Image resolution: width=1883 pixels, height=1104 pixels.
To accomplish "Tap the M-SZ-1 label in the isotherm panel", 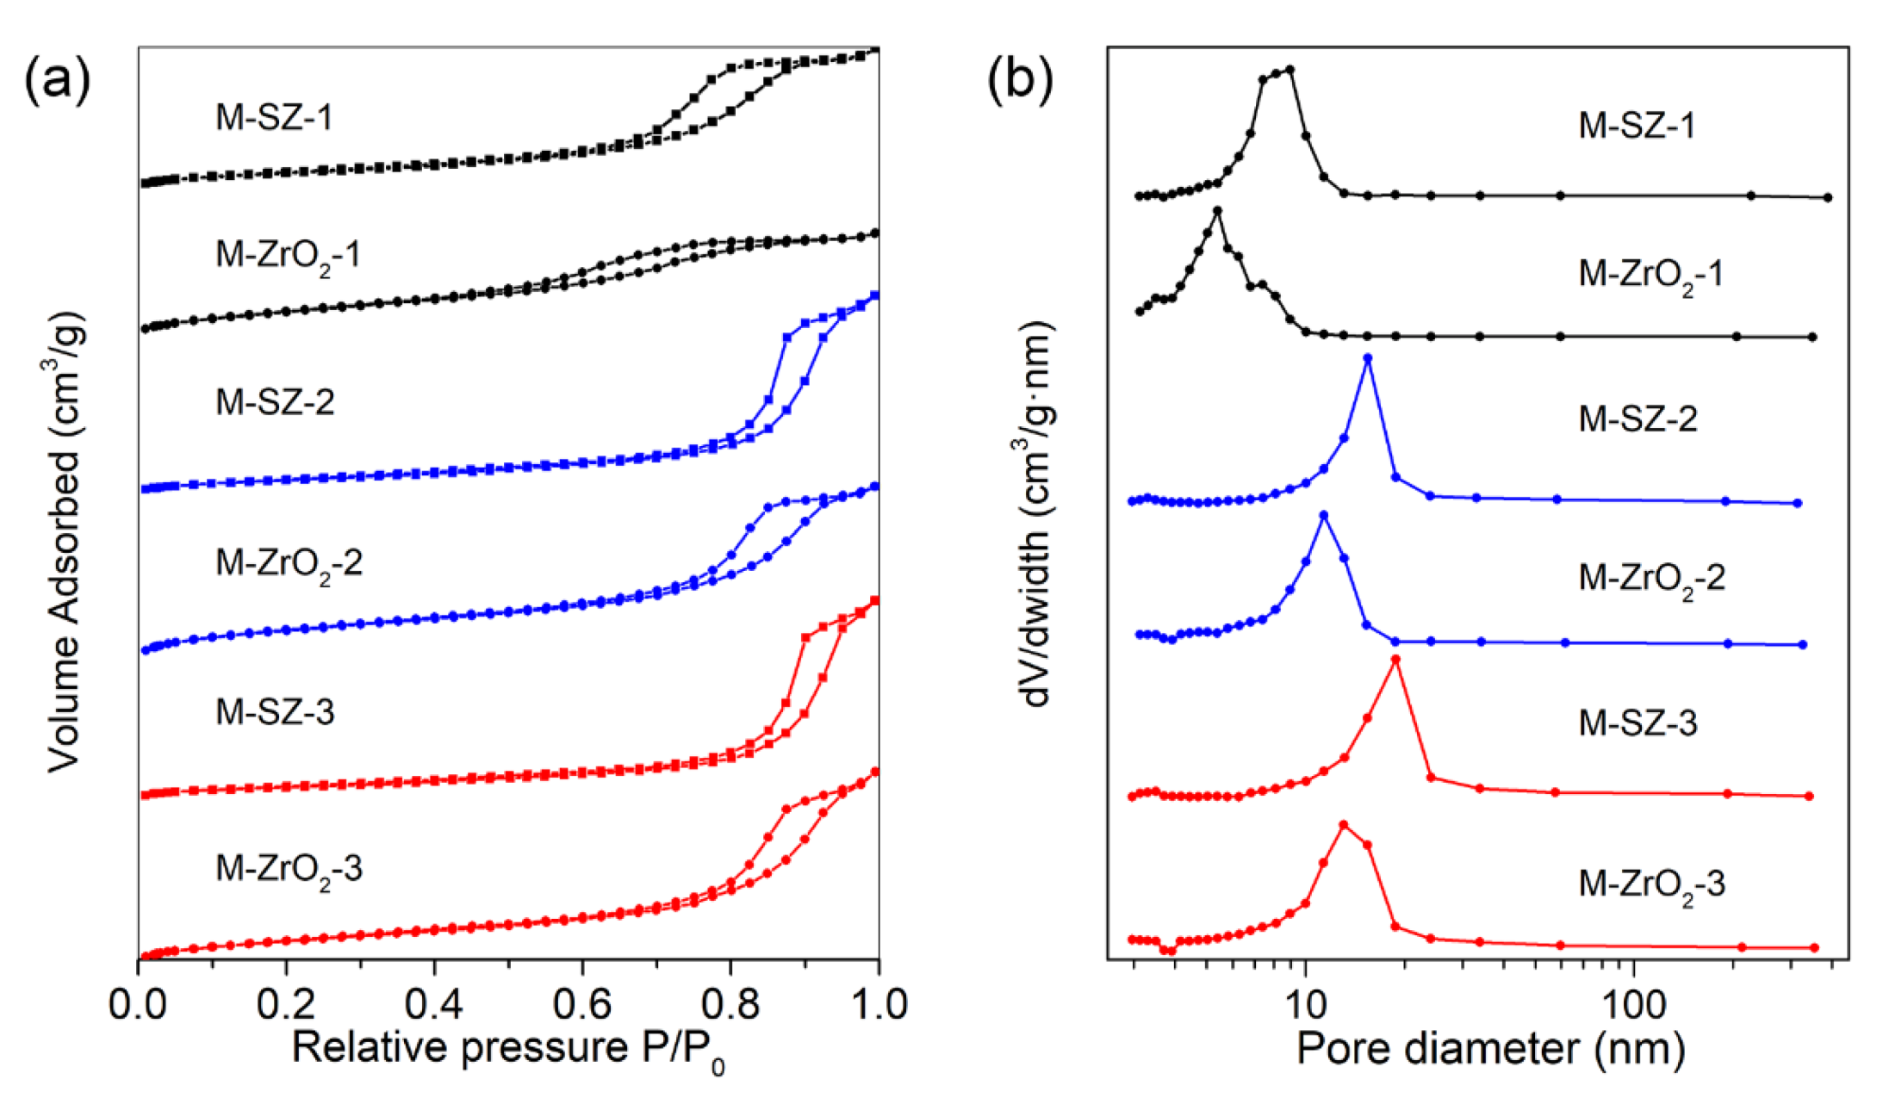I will [274, 117].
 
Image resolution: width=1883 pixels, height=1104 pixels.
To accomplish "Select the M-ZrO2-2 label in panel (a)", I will [289, 564].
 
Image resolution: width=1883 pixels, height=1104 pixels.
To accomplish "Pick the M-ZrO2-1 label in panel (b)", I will [1650, 275].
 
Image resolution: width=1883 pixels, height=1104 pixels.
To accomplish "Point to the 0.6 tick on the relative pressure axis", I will [581, 1004].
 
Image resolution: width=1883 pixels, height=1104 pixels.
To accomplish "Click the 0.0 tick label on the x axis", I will [138, 1004].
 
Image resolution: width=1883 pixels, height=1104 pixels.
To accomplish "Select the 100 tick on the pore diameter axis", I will [1633, 1004].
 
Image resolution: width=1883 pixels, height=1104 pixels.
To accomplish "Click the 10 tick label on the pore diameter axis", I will [1305, 1004].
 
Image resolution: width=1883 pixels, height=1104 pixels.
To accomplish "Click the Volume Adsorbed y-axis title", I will [65, 543].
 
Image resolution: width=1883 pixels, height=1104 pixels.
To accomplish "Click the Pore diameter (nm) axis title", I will [1490, 1049].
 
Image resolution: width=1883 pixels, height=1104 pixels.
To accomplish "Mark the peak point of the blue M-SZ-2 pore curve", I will [1368, 358].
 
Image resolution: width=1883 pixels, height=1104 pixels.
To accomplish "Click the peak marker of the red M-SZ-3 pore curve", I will [1395, 660].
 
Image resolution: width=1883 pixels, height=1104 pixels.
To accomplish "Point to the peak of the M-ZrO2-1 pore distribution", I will [1217, 211].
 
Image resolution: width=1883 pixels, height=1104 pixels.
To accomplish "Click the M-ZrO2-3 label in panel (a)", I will [289, 869].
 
